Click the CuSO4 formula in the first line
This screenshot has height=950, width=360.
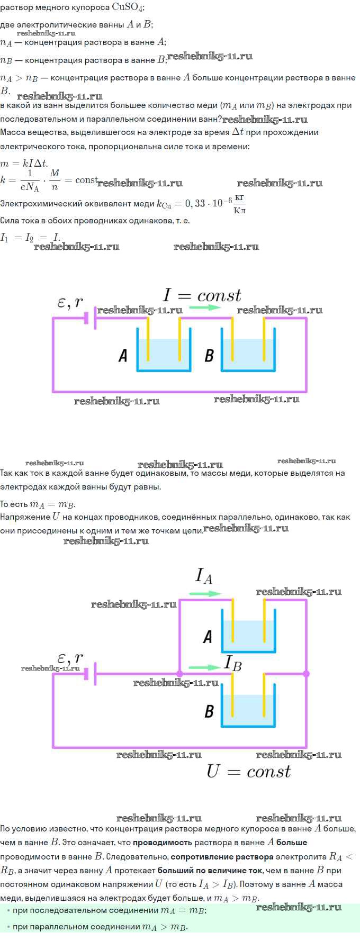128,7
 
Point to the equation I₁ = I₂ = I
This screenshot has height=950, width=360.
30,238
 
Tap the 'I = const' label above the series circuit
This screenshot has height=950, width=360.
202,295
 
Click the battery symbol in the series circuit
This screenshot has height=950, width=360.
91,318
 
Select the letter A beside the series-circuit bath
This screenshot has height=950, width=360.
123,355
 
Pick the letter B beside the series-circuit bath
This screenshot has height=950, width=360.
209,355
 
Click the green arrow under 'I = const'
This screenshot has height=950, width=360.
203,307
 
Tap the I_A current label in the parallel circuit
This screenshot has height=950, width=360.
204,576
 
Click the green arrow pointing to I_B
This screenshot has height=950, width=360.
204,667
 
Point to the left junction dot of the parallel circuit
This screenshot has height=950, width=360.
179,674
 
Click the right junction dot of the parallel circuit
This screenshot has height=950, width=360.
306,674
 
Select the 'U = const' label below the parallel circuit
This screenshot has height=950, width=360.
248,772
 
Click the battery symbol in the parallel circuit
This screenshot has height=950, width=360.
91,674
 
